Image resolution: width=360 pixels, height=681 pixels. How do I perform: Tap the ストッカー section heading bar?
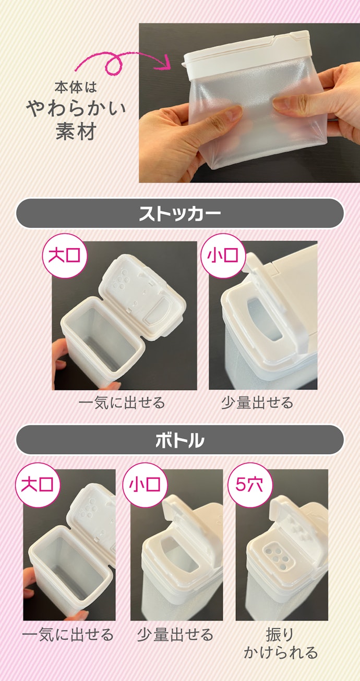[x=180, y=213]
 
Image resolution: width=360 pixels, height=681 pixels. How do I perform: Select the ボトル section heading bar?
[x=180, y=440]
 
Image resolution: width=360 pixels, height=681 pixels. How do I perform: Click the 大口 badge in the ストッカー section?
[x=65, y=256]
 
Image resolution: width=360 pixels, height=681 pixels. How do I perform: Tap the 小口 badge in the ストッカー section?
[x=223, y=256]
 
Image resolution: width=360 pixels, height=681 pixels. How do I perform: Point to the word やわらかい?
[x=76, y=109]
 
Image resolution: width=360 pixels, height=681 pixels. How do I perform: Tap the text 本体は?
[x=76, y=87]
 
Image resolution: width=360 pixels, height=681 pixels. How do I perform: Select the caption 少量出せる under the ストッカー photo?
[x=257, y=403]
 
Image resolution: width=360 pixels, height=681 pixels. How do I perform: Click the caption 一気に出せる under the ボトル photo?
[x=67, y=634]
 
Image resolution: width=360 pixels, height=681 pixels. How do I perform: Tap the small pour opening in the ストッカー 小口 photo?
[x=264, y=319]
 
